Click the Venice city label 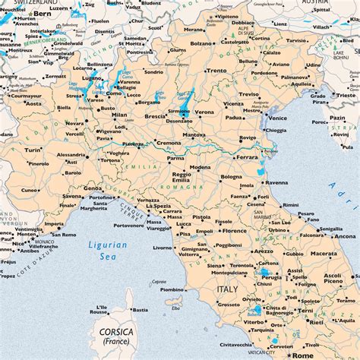[x=277, y=118]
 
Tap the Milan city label [x=119, y=115]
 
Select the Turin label [x=33, y=150]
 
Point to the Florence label [x=234, y=230]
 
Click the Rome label [x=302, y=354]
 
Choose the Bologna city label [x=231, y=177]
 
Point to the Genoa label [x=92, y=188]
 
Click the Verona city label [x=204, y=112]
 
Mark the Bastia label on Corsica [x=140, y=310]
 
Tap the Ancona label [x=345, y=236]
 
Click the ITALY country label [x=227, y=290]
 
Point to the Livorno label [x=162, y=248]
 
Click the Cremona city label [x=169, y=143]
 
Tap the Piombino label [x=172, y=289]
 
